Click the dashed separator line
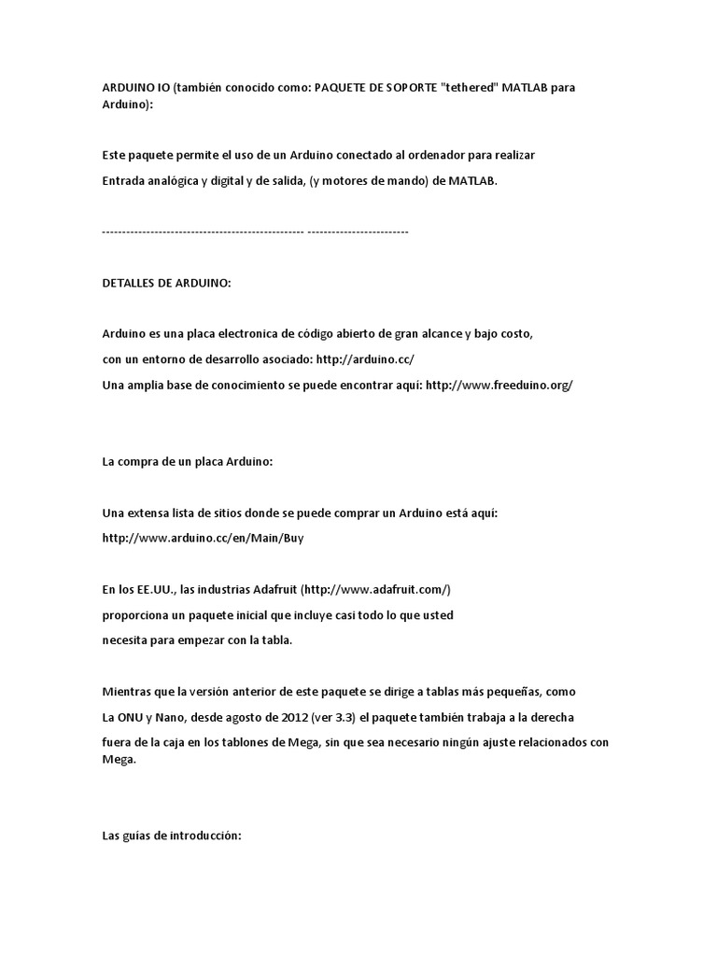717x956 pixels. point(254,231)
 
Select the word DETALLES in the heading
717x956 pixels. point(129,282)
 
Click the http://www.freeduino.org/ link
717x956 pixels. point(499,385)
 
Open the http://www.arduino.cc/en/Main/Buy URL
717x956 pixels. point(203,538)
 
